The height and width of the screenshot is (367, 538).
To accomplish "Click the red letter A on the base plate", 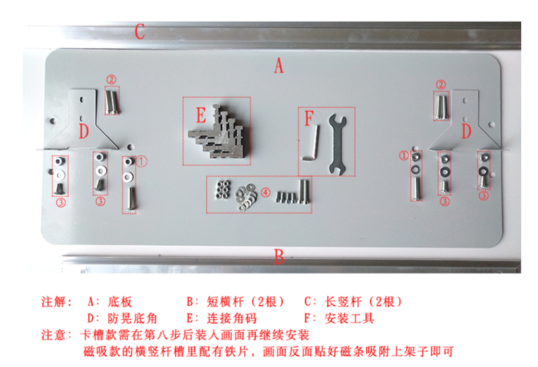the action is point(279,65).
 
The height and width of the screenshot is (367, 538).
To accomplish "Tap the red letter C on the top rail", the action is point(140,32).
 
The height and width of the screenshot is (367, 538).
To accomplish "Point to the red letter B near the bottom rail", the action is point(279,257).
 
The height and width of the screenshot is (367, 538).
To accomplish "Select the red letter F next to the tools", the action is point(309,119).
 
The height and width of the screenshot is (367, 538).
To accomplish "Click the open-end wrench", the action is point(338,144).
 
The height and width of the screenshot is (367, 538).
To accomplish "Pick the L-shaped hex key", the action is point(312,143).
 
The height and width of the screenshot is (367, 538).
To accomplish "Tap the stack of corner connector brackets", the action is point(216,132).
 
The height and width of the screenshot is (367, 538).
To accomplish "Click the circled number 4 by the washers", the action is point(266,193).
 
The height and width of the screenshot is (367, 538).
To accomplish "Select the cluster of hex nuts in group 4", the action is point(222,190).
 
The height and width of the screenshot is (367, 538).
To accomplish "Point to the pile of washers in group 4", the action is point(245,197).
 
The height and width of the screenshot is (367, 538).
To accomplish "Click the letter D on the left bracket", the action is point(83,131).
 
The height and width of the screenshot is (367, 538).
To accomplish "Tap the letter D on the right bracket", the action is point(466,131).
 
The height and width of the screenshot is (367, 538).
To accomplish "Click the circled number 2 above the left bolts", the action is point(111,79).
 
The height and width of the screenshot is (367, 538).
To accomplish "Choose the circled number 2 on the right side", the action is point(441,85).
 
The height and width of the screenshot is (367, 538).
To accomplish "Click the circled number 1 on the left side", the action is point(142,161).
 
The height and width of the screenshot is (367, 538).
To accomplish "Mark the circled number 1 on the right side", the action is point(404,156).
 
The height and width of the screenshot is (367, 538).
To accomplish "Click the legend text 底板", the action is point(120,302).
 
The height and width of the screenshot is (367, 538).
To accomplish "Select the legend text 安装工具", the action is point(349,319).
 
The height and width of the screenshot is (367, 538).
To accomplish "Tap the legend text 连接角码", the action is point(231,319).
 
